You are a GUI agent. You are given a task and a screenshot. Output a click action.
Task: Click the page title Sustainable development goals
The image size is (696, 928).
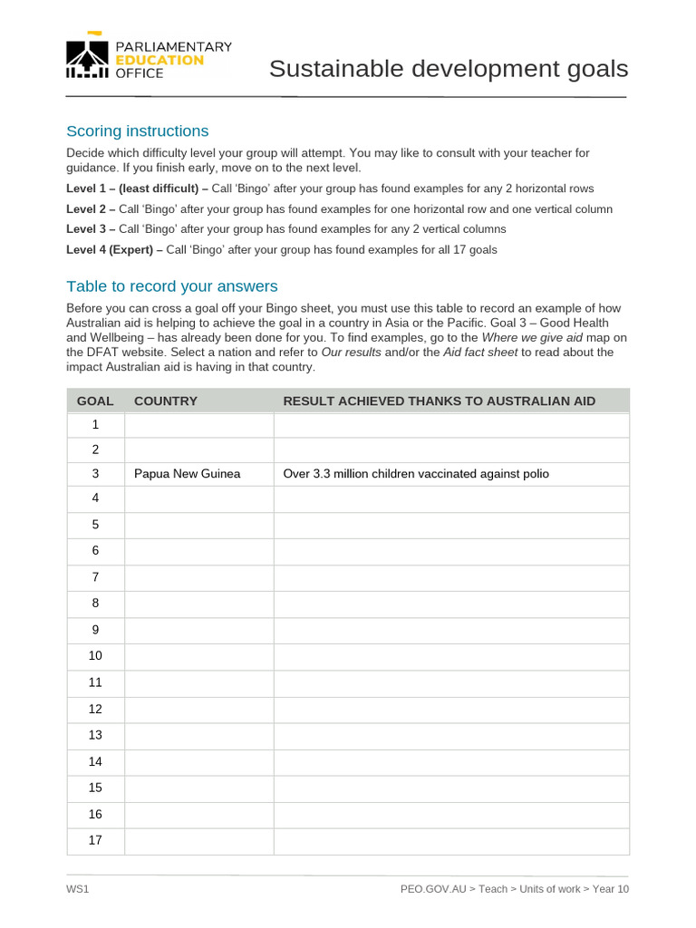click(448, 69)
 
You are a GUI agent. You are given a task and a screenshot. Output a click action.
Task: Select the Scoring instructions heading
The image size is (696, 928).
click(137, 130)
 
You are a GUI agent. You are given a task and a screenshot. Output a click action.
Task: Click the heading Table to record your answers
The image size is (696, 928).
click(171, 286)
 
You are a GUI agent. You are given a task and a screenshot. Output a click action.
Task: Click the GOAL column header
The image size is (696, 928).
click(95, 401)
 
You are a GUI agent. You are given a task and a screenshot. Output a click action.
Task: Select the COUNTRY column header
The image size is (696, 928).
click(165, 401)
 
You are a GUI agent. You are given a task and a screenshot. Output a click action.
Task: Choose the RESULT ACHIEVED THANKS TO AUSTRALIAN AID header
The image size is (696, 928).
click(439, 401)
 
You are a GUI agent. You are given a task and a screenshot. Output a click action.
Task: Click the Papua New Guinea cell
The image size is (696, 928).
click(187, 474)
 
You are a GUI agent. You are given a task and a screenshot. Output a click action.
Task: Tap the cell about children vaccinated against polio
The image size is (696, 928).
click(416, 474)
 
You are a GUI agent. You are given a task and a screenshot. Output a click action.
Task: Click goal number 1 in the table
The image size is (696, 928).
click(95, 425)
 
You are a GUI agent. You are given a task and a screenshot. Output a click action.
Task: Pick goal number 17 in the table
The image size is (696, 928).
click(95, 840)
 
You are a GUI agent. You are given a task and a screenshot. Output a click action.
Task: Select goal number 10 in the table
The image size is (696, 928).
click(95, 656)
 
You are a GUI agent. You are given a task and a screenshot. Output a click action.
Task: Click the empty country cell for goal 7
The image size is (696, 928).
click(198, 577)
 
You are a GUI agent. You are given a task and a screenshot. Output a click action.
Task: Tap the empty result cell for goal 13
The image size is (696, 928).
click(450, 735)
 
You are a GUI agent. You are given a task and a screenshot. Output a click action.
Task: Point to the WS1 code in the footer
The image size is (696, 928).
click(77, 889)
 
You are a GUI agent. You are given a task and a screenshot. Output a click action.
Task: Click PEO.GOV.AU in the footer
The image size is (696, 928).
click(433, 889)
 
